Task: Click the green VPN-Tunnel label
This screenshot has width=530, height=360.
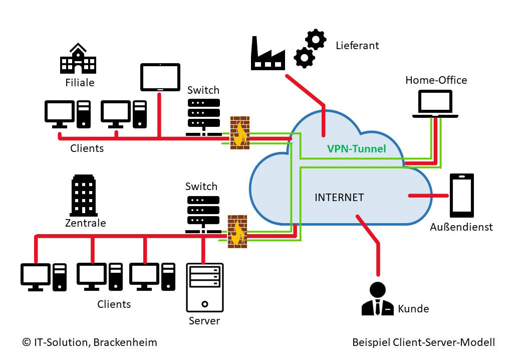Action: pyautogui.click(x=356, y=149)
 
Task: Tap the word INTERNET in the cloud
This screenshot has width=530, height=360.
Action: pyautogui.click(x=339, y=198)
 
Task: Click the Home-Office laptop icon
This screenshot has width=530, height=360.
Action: pyautogui.click(x=435, y=104)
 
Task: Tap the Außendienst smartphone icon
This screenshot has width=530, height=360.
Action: pyautogui.click(x=461, y=195)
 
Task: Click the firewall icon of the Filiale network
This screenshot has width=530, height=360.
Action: pyautogui.click(x=239, y=133)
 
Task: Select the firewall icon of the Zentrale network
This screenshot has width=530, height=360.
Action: pyautogui.click(x=237, y=231)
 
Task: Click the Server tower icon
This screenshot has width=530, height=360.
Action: pyautogui.click(x=204, y=288)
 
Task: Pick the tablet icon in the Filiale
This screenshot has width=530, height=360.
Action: pyautogui.click(x=160, y=77)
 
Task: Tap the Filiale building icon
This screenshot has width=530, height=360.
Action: pyautogui.click(x=78, y=59)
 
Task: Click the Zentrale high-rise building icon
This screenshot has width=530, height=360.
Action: pyautogui.click(x=83, y=196)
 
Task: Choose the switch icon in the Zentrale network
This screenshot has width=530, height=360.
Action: pyautogui.click(x=203, y=213)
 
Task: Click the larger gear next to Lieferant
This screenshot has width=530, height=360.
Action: pyautogui.click(x=315, y=39)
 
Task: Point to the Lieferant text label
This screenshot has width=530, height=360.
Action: pyautogui.click(x=357, y=46)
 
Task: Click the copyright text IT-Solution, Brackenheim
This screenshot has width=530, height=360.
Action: pyautogui.click(x=90, y=342)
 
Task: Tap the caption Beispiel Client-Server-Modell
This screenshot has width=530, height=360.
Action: pyautogui.click(x=423, y=342)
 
